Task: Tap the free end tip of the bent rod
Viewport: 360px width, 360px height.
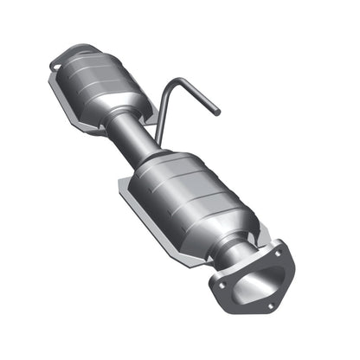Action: (x=218, y=113)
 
